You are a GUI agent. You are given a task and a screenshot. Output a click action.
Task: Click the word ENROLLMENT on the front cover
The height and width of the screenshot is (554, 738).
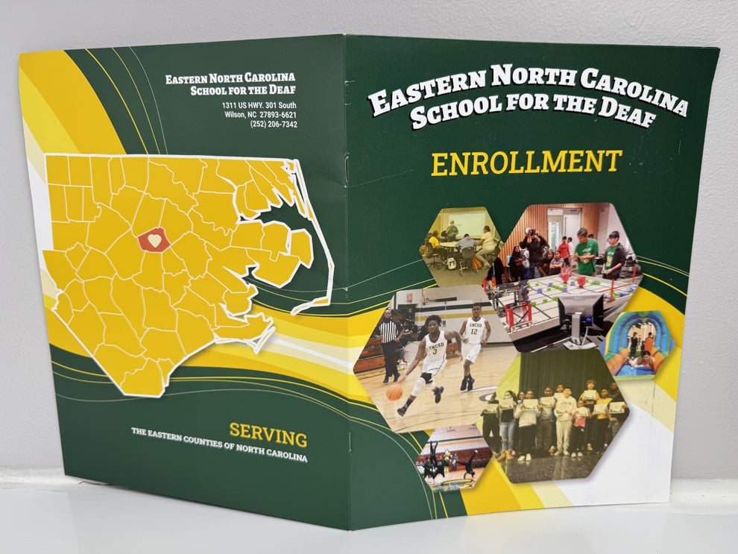pyautogui.click(x=526, y=163)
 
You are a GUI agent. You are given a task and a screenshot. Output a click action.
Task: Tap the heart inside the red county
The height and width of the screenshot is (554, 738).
pyautogui.click(x=154, y=240)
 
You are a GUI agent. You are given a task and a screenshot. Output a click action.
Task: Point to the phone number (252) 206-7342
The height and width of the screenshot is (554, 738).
pyautogui.click(x=274, y=125)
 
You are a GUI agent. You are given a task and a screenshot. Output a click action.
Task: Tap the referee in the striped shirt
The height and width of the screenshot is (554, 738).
pyautogui.click(x=389, y=345)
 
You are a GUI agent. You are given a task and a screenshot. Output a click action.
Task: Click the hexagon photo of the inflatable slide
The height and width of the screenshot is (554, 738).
pyautogui.click(x=638, y=343)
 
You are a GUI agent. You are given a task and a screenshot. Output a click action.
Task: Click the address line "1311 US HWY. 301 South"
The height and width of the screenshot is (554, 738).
pyautogui.click(x=259, y=105)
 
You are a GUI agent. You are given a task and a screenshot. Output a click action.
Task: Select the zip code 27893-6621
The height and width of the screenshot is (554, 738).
pyautogui.click(x=275, y=115)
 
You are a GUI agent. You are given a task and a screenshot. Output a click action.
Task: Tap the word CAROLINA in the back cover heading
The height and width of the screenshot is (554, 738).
pyautogui.click(x=267, y=78)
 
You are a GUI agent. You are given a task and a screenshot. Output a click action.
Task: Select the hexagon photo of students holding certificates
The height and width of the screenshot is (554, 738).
pyautogui.click(x=555, y=418)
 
